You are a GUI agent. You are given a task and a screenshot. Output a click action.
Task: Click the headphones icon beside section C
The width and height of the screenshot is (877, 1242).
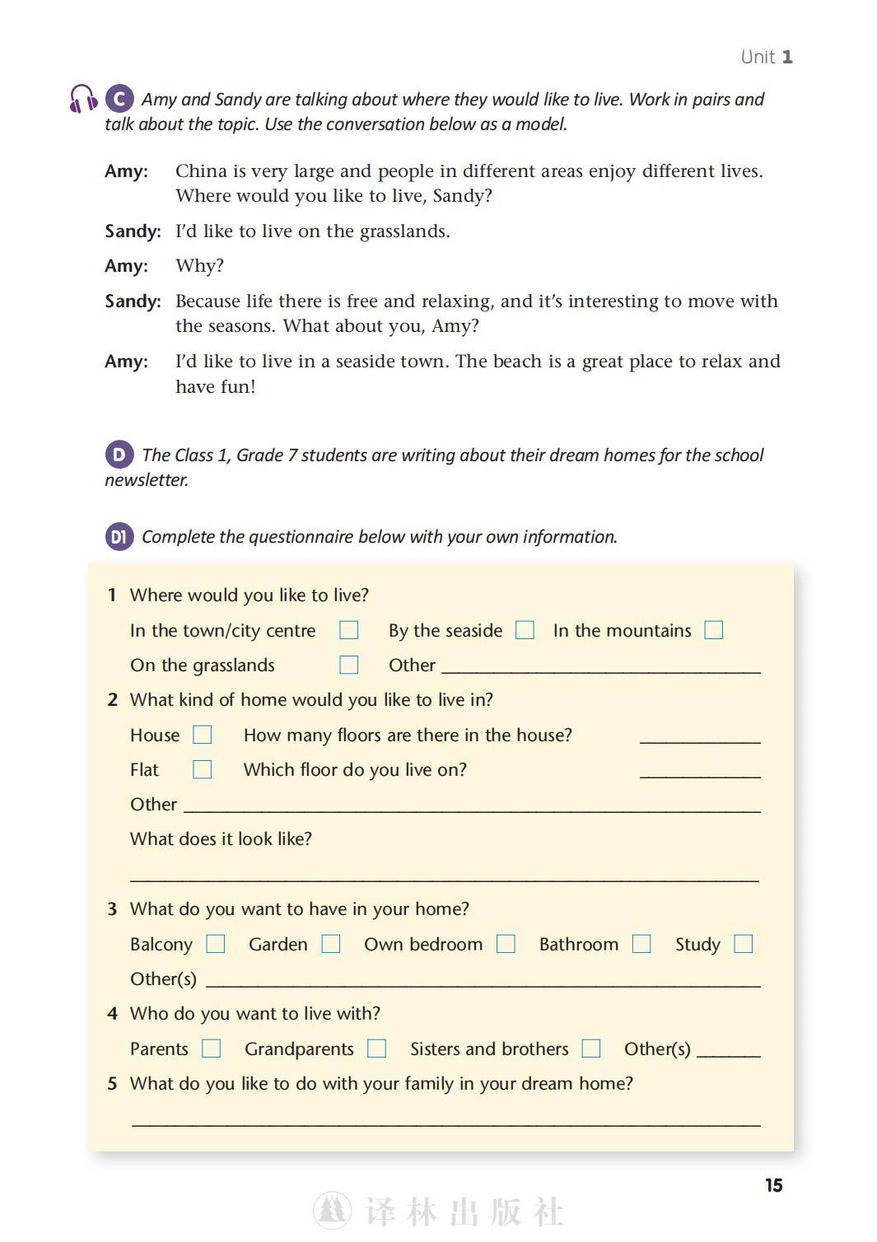(x=83, y=99)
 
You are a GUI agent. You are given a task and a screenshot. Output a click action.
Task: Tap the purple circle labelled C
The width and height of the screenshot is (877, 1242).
(x=119, y=99)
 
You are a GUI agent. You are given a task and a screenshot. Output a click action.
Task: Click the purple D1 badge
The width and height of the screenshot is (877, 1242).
(x=119, y=537)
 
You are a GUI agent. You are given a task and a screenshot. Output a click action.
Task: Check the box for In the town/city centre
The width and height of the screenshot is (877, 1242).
(x=349, y=630)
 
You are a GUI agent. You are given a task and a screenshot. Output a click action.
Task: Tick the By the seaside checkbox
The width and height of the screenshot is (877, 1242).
(x=525, y=630)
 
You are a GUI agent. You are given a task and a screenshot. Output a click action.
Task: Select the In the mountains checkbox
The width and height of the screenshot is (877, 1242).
(x=714, y=630)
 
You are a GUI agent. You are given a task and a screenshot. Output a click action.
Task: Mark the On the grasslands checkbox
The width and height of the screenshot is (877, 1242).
(x=349, y=665)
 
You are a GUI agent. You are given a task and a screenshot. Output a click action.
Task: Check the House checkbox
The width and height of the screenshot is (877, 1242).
(x=203, y=735)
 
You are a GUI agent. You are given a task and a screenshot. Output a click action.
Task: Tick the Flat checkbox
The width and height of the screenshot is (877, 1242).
(x=203, y=769)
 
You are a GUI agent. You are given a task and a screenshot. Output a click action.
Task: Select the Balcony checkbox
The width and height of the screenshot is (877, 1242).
(x=216, y=944)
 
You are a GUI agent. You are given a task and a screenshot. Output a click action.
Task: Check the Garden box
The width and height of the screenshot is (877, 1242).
(x=331, y=944)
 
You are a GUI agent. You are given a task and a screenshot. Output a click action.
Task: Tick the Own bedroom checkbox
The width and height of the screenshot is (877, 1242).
(x=506, y=944)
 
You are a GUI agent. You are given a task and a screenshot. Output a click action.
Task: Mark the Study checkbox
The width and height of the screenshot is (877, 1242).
(x=744, y=944)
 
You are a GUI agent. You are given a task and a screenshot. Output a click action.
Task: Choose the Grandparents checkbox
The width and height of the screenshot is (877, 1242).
(x=377, y=1048)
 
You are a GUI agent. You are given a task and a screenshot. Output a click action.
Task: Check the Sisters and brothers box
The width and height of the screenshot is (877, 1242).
(x=591, y=1048)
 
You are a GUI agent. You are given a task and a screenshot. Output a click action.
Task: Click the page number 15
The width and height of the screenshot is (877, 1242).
(x=774, y=1185)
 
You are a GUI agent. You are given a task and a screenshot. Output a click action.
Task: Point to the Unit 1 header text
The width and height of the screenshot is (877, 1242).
(x=767, y=57)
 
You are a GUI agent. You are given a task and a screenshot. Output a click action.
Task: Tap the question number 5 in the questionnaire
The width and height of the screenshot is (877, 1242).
(x=113, y=1084)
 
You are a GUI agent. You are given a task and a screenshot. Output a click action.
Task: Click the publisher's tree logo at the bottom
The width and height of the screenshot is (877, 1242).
(x=333, y=1212)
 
